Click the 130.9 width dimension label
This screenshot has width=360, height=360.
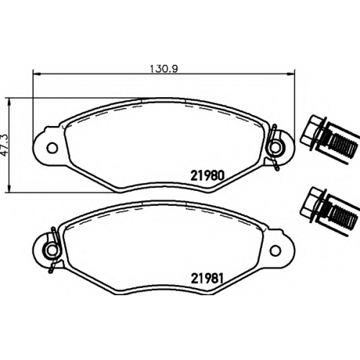coord(163,69)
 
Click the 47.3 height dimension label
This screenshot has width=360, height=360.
coord(5,145)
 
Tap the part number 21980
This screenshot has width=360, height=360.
coord(207,176)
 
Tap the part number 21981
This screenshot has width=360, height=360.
coord(207,279)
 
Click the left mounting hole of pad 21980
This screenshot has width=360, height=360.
coord(52,148)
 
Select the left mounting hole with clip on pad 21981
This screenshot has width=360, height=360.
coord(52,250)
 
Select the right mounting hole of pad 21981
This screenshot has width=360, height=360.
coord(275,250)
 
